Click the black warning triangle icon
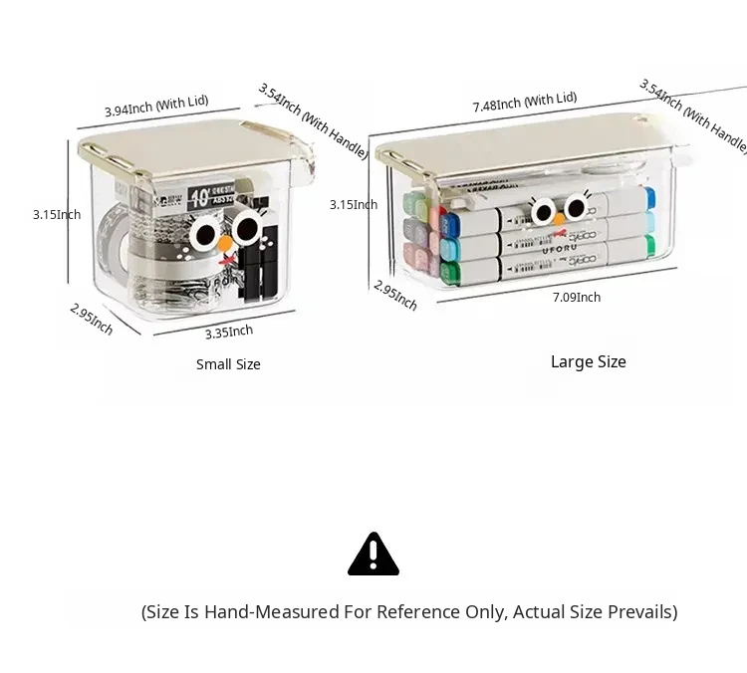coord(373,556)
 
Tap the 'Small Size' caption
coord(228,364)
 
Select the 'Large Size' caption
coord(588,361)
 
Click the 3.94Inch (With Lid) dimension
coord(156,107)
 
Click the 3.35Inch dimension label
coord(229,332)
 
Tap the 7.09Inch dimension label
coord(577,297)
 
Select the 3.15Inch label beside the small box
coord(56,214)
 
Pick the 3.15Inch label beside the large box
coord(354,204)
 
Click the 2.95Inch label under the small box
coord(92,318)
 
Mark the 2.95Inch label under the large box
coord(395,295)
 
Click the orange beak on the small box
coord(226,241)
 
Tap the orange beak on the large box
coord(559,220)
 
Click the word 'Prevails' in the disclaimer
coord(642,611)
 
